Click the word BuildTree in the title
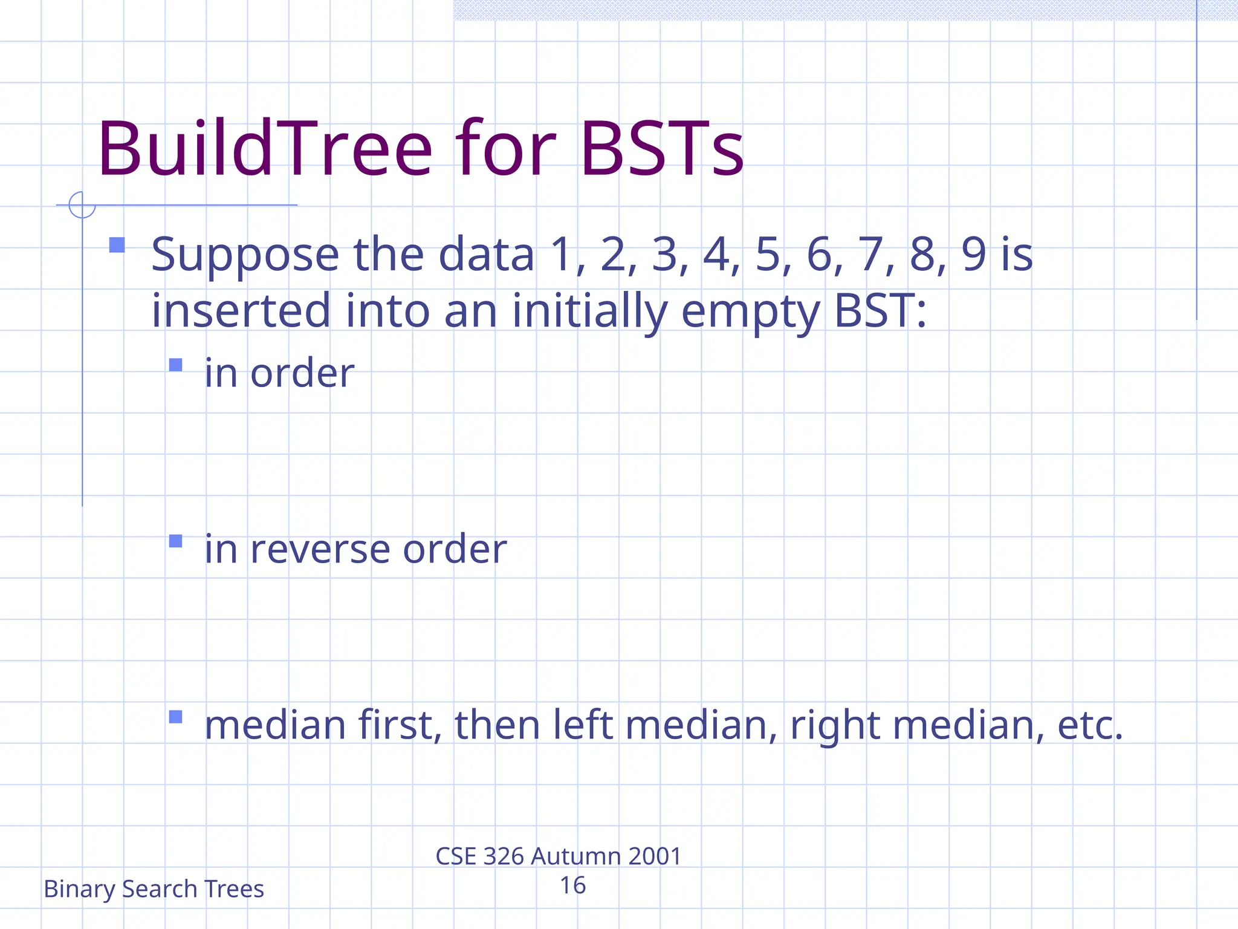click(265, 149)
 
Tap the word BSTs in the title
click(661, 149)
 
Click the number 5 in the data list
click(768, 255)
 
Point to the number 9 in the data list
click(974, 255)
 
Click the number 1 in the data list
click(562, 255)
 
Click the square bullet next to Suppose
click(117, 245)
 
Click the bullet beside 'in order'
click(175, 365)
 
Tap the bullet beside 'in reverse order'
click(175, 541)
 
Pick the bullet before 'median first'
click(175, 717)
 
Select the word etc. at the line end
click(1089, 725)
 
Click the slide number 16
click(572, 885)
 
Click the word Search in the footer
click(160, 889)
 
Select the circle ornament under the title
click(82, 204)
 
